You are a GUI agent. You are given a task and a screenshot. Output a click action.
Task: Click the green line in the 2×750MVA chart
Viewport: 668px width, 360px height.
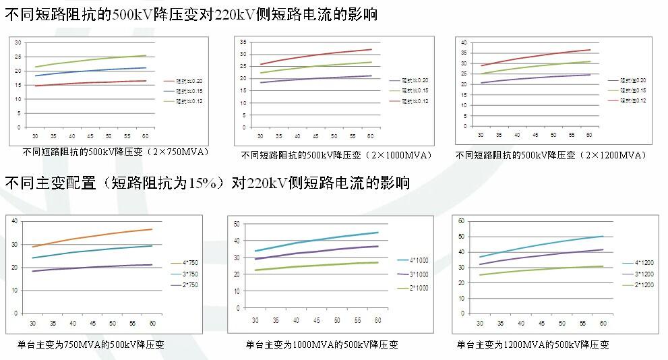[91, 60]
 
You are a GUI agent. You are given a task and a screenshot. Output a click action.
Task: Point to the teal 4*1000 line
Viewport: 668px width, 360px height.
[317, 239]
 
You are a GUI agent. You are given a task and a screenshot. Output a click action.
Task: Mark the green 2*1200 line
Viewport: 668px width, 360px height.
[539, 269]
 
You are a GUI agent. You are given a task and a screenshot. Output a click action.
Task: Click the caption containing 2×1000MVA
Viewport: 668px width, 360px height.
[336, 156]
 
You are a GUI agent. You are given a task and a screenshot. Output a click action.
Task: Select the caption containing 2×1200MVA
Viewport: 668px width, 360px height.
[551, 155]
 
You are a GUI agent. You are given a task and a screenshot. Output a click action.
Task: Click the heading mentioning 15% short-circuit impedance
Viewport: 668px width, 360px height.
[207, 183]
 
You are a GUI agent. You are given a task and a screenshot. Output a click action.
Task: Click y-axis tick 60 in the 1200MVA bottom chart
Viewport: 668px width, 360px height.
[462, 220]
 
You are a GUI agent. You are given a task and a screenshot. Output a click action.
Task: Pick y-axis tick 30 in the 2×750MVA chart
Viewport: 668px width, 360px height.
[18, 42]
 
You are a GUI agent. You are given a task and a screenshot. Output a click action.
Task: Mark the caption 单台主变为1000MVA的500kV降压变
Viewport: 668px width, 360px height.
[322, 344]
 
